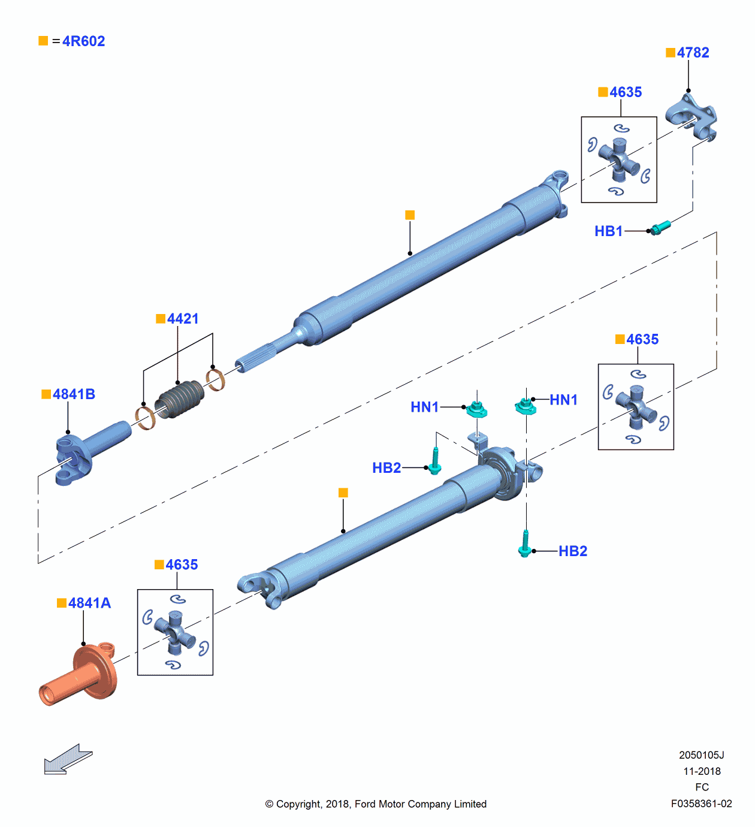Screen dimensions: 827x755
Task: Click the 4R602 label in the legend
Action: click(83, 41)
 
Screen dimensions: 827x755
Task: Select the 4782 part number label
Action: click(693, 53)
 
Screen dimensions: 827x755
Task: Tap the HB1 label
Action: click(608, 231)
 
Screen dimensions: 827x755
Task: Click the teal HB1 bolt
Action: click(660, 227)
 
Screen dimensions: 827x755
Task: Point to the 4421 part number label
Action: click(183, 319)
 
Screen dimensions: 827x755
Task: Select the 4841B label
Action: click(74, 394)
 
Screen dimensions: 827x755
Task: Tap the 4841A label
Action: click(89, 603)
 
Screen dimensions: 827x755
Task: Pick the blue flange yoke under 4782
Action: click(692, 117)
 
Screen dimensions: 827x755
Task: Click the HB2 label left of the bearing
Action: click(386, 468)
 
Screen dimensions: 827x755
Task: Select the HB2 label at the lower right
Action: click(573, 551)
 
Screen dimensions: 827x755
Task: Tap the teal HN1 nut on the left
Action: click(476, 409)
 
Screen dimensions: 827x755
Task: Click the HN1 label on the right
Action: click(563, 400)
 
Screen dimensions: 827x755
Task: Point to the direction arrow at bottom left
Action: click(68, 760)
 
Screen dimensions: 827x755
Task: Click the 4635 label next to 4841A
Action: click(182, 565)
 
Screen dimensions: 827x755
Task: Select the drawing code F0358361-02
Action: click(701, 804)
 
